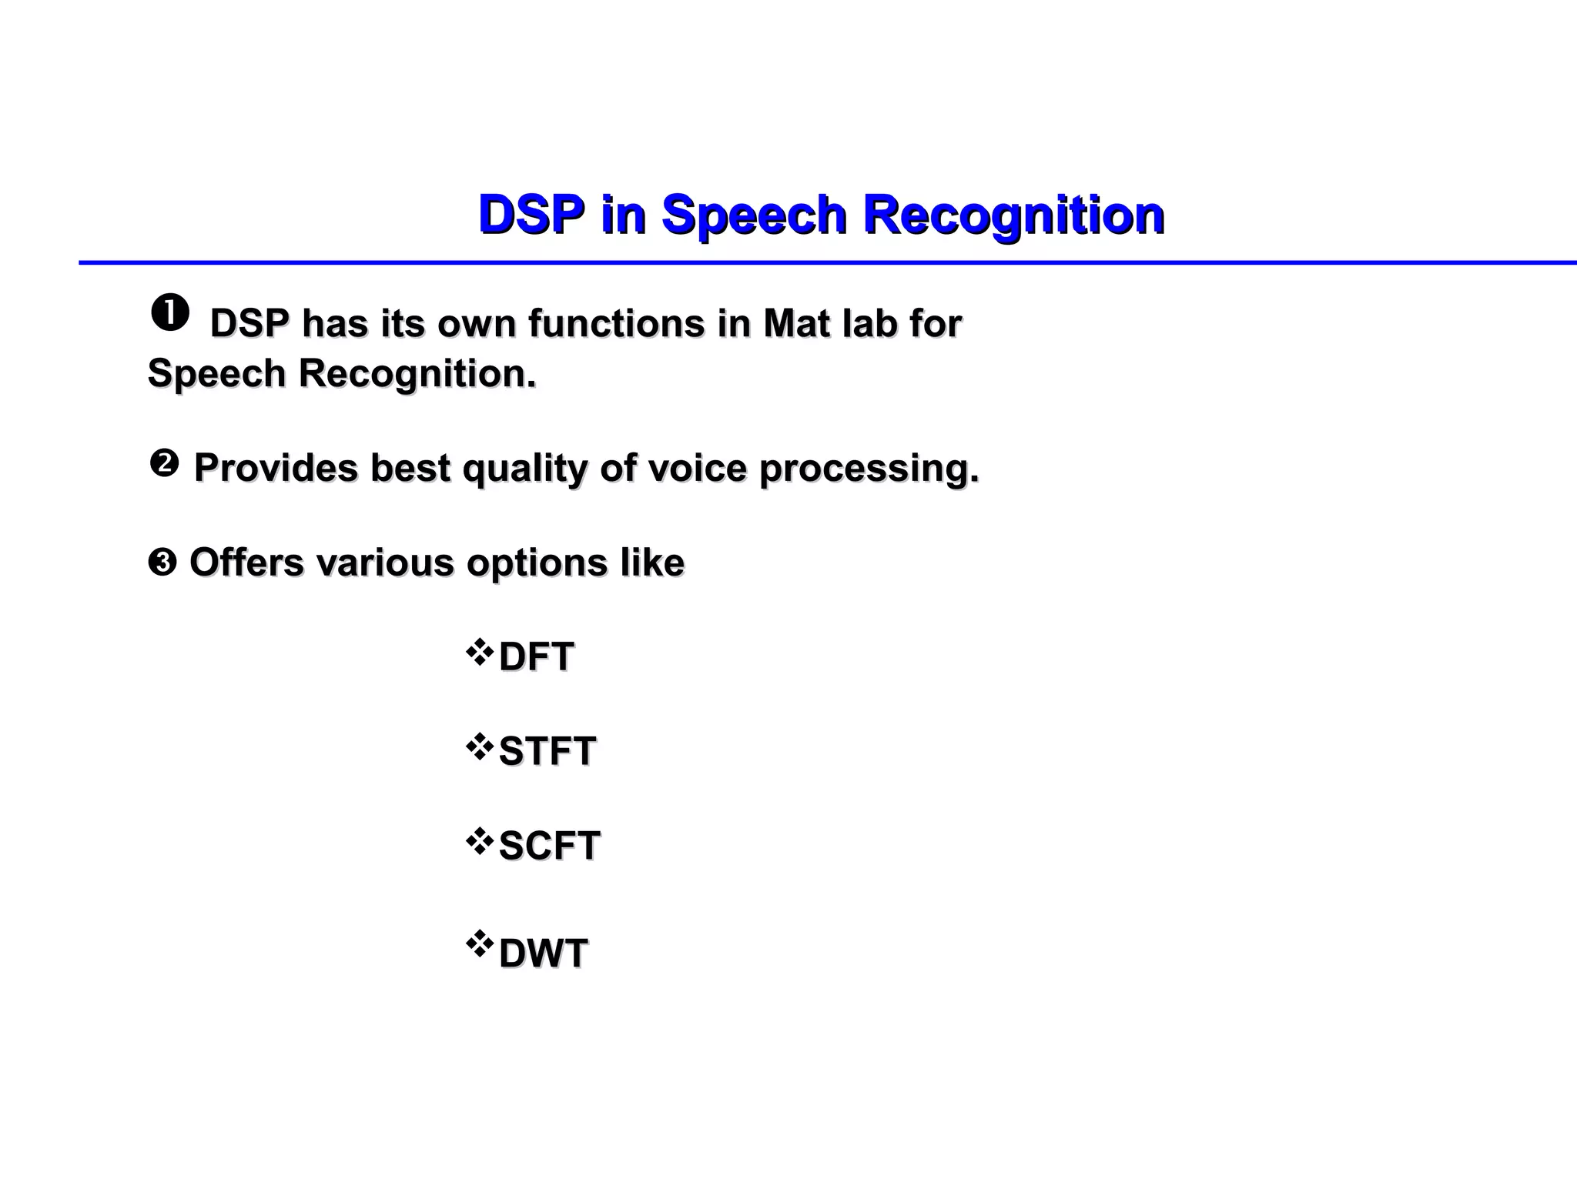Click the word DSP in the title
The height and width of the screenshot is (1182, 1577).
[531, 214]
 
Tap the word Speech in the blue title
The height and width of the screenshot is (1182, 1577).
[754, 214]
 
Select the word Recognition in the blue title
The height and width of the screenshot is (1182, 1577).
[1013, 214]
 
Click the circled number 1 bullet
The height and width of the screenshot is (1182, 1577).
[170, 315]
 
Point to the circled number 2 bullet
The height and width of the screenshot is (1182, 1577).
[163, 464]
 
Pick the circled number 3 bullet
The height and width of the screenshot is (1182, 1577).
[162, 563]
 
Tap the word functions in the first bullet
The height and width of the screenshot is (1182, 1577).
[616, 323]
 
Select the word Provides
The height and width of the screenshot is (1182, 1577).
[276, 467]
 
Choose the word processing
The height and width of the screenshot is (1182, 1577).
[869, 469]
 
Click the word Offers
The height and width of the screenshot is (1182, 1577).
[246, 563]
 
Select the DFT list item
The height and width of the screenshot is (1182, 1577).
[536, 657]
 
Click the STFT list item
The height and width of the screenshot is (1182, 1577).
[547, 751]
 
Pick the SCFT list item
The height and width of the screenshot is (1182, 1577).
[549, 846]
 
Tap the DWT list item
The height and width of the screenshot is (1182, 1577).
[543, 954]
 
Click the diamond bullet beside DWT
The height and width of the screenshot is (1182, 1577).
[479, 943]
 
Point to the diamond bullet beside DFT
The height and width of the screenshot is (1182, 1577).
[479, 652]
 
